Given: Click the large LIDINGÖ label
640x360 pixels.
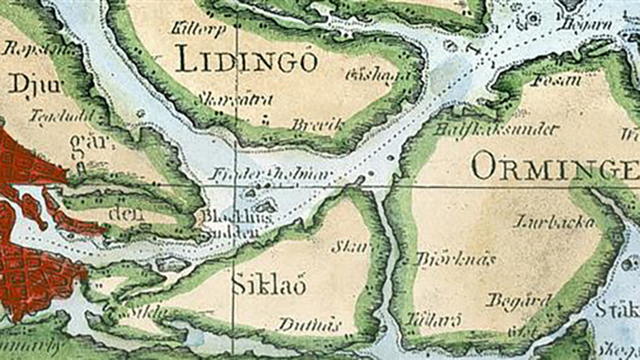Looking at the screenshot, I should click(x=246, y=61).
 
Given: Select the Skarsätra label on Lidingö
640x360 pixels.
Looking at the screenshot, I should click(x=234, y=100).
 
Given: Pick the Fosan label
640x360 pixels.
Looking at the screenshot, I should click(x=558, y=80).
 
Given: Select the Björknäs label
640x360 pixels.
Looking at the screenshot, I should click(x=455, y=259).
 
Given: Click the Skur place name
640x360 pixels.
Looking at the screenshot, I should click(x=349, y=246).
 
